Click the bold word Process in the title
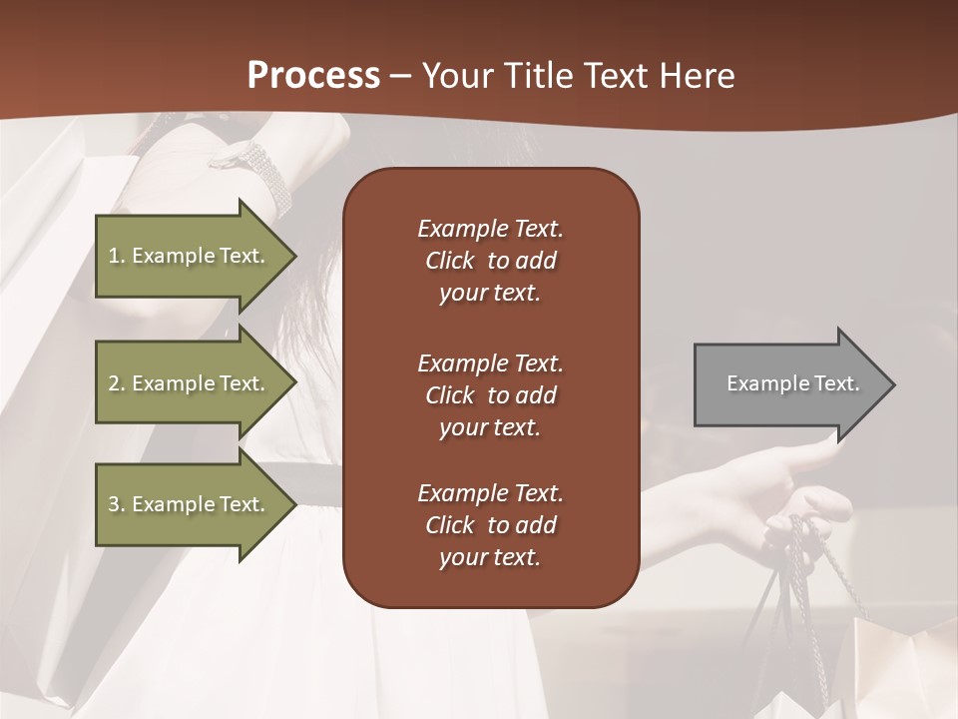pyautogui.click(x=313, y=76)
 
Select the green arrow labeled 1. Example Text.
pyautogui.click(x=190, y=256)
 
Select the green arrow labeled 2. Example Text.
pyautogui.click(x=190, y=383)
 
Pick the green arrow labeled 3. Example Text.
pyautogui.click(x=190, y=504)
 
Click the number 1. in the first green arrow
pyautogui.click(x=117, y=256)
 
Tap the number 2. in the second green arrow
pyautogui.click(x=117, y=383)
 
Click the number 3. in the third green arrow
pyautogui.click(x=117, y=504)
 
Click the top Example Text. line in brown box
pyautogui.click(x=490, y=229)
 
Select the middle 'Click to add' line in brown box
pyautogui.click(x=490, y=395)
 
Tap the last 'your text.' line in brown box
pyautogui.click(x=490, y=557)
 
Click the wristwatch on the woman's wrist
pyautogui.click(x=254, y=161)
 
